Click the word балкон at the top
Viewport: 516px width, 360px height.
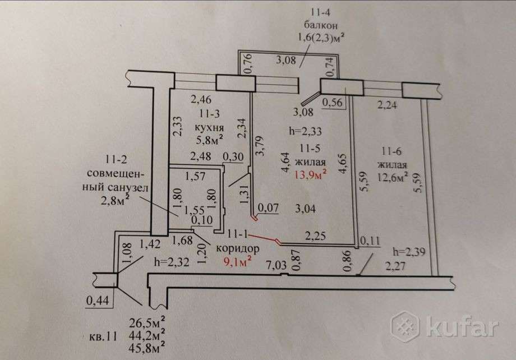pos(320,25)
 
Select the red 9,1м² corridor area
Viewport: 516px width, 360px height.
pos(238,262)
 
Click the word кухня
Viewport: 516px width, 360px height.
pos(209,128)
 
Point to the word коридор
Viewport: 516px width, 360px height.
pos(238,248)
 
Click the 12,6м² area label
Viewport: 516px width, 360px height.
pos(393,177)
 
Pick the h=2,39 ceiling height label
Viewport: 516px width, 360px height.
pos(409,252)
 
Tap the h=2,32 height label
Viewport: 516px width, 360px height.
pos(172,262)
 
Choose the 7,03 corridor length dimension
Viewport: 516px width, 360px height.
pos(277,264)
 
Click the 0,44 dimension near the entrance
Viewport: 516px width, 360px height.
pos(98,300)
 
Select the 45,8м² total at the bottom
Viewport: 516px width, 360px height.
pos(147,347)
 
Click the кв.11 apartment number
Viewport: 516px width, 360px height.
pos(103,336)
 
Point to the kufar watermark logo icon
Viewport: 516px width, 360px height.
pos(406,326)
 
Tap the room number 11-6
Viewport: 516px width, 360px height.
pos(391,151)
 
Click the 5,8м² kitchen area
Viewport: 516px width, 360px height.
pos(210,140)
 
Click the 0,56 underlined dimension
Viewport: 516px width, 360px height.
pos(333,103)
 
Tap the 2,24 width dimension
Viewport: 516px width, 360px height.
pos(387,105)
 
